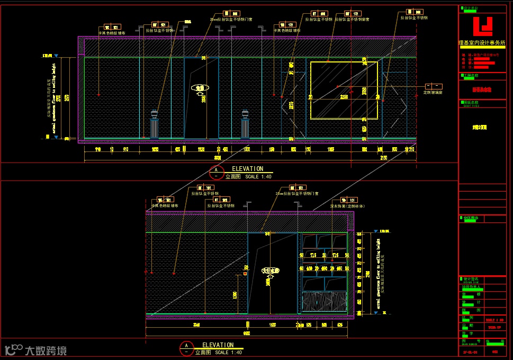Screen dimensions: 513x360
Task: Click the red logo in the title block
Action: [x=482, y=26]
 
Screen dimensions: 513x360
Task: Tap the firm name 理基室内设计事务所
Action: [x=482, y=42]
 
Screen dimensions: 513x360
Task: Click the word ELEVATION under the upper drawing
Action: [x=247, y=169]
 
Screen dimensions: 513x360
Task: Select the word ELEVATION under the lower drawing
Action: [x=218, y=345]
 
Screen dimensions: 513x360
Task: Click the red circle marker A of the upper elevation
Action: [x=216, y=172]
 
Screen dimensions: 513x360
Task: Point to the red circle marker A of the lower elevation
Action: [x=186, y=348]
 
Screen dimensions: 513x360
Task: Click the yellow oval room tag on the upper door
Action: [x=200, y=88]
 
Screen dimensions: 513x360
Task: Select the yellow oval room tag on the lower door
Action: [x=271, y=271]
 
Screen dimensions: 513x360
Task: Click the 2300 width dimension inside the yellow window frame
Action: [x=344, y=97]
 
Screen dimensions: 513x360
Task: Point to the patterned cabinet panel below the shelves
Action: [x=324, y=302]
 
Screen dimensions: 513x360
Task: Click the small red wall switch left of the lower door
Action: [x=245, y=274]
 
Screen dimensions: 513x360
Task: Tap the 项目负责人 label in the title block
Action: [x=472, y=286]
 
